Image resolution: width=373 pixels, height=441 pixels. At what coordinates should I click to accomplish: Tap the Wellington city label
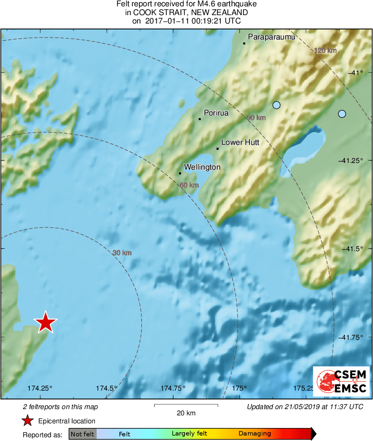click(202, 167)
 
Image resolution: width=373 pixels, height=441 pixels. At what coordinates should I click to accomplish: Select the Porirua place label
click(216, 113)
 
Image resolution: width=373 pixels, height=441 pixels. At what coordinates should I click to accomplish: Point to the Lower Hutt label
click(240, 142)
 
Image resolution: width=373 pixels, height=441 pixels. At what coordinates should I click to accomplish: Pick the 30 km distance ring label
click(122, 253)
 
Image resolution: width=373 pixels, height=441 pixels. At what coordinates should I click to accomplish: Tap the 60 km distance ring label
click(189, 185)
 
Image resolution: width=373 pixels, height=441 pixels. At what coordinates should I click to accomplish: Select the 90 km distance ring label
click(256, 118)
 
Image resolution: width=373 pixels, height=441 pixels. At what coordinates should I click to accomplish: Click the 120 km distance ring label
click(326, 51)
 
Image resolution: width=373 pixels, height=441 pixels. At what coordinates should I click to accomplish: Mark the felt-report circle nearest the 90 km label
click(276, 105)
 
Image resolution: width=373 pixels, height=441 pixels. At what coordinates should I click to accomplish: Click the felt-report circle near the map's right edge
click(342, 114)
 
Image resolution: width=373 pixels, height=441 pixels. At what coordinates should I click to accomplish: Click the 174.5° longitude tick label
click(107, 388)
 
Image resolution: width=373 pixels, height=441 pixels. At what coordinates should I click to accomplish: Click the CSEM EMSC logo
click(341, 381)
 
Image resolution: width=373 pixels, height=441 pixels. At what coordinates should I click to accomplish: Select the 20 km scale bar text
click(186, 413)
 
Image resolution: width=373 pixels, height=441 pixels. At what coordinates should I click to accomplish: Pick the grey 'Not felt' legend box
click(82, 434)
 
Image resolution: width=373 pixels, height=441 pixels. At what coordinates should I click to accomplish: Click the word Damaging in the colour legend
click(255, 434)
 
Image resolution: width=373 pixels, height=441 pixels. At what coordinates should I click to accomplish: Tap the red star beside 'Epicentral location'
click(28, 421)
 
